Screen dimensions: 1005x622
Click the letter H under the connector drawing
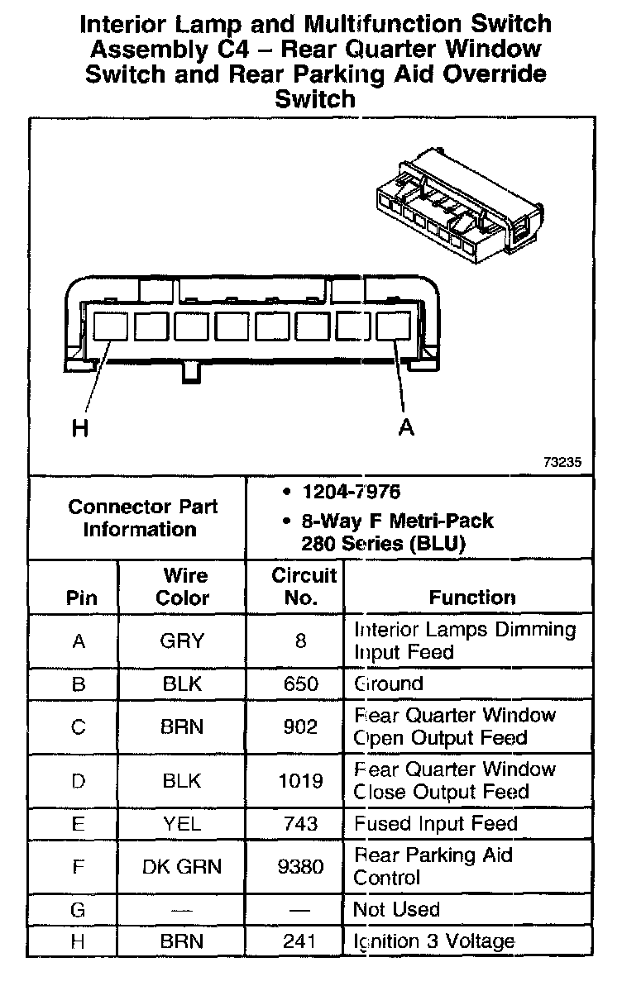(79, 428)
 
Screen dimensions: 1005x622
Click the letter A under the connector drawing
(406, 428)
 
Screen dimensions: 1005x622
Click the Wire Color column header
(183, 586)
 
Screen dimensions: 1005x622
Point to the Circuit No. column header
(302, 586)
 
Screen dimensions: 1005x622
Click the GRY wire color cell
(182, 641)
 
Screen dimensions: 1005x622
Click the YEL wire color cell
(182, 824)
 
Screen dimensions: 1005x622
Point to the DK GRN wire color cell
(182, 866)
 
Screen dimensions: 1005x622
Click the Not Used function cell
(396, 910)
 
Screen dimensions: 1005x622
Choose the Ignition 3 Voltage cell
(434, 941)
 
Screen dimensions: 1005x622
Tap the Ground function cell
(389, 684)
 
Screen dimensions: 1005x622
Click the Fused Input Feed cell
(436, 824)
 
